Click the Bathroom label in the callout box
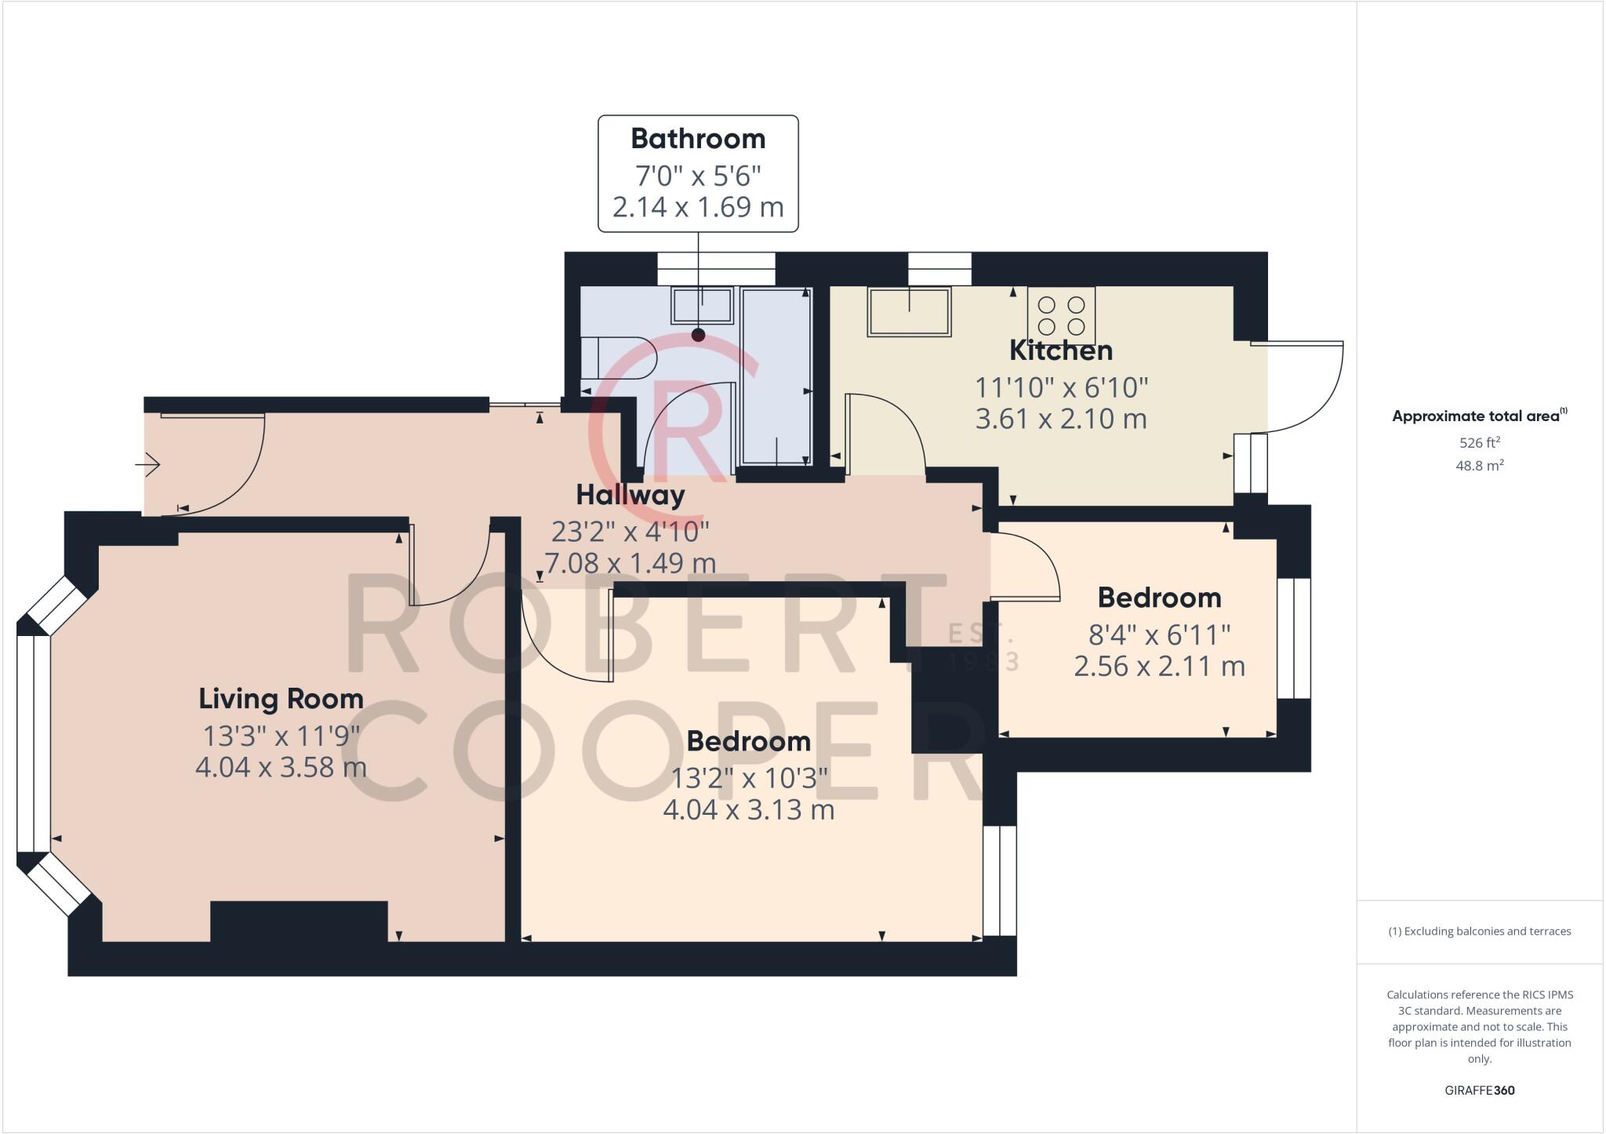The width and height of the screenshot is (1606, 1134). [x=698, y=139]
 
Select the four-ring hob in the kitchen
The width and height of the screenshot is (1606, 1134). [x=1061, y=315]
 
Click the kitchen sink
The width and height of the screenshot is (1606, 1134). [x=909, y=311]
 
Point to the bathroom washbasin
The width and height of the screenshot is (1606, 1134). [x=702, y=305]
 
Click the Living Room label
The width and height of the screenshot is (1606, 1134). [x=281, y=699]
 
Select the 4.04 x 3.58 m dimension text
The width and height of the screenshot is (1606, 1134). [x=281, y=767]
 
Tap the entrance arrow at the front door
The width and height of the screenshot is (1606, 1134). [x=148, y=465]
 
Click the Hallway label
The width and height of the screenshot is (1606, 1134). [x=630, y=495]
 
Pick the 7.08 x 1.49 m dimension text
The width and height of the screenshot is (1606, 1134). [x=630, y=563]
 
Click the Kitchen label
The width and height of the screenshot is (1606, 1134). [x=1060, y=351]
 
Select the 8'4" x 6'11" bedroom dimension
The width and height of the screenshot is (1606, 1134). [x=1159, y=633]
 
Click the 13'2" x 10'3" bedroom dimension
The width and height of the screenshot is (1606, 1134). [x=749, y=778]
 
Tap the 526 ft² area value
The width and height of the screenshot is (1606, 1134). [x=1479, y=442]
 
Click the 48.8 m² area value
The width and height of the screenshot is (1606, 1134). [x=1479, y=465]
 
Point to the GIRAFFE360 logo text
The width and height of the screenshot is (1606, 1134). [x=1479, y=1090]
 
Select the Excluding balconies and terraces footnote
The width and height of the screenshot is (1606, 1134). [x=1479, y=932]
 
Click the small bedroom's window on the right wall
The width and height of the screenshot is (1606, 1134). [x=1294, y=638]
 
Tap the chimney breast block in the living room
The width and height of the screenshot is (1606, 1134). [x=299, y=921]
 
